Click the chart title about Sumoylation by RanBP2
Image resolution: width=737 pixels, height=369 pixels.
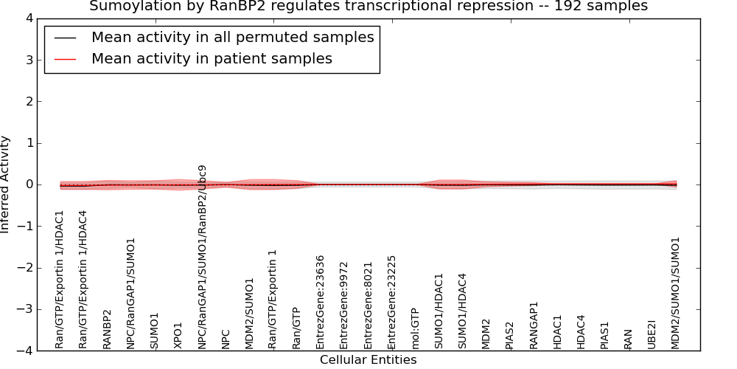coord(368,6)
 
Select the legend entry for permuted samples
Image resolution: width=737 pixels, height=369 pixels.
coord(233,37)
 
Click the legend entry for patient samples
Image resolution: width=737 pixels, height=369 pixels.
coord(212,58)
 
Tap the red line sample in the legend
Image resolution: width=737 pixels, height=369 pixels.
coord(65,59)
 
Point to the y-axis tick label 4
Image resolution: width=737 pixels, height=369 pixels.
coord(29,19)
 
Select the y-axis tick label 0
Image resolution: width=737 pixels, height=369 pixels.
coord(29,184)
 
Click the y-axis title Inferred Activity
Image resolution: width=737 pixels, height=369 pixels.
coord(4,184)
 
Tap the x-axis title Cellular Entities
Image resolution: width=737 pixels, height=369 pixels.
coord(368,360)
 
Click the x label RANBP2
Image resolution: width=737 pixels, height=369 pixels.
coord(107,329)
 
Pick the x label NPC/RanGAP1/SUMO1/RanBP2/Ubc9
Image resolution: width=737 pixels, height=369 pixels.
coord(202,257)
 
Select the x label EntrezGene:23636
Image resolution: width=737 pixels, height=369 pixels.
coord(320,302)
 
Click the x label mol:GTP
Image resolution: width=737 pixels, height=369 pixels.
coord(415,329)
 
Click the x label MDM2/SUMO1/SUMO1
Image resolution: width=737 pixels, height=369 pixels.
coord(675,293)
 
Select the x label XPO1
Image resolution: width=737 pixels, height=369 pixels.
coord(178,336)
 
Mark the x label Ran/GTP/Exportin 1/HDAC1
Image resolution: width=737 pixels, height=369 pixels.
coord(59,280)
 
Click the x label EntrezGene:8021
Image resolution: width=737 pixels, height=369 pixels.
coord(368,306)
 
